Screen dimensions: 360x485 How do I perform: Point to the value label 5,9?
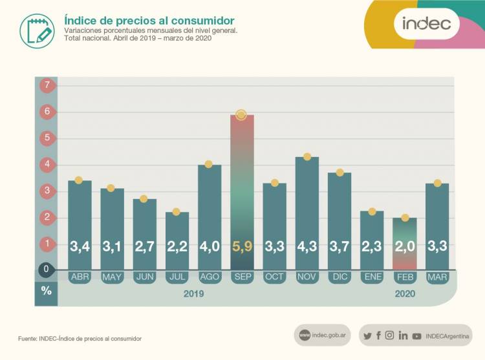[x=242, y=246]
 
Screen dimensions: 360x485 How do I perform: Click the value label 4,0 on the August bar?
[x=210, y=246]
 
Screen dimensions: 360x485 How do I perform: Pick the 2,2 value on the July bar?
[x=177, y=246]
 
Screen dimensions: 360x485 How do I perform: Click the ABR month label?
[x=80, y=277]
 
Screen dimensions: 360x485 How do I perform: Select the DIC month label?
[x=339, y=277]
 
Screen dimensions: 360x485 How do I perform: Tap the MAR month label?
[x=437, y=277]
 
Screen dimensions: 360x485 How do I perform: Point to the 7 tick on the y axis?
[x=46, y=85]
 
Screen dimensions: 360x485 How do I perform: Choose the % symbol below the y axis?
[x=46, y=291]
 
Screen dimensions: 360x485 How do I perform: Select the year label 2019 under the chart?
[x=193, y=293]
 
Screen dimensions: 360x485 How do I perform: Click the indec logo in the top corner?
[x=427, y=25]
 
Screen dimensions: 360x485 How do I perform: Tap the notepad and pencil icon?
[x=36, y=29]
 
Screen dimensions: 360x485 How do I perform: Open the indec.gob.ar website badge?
[x=323, y=335]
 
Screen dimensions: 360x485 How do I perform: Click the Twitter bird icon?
[x=368, y=335]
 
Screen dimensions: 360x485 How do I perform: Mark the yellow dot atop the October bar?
[x=275, y=183]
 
